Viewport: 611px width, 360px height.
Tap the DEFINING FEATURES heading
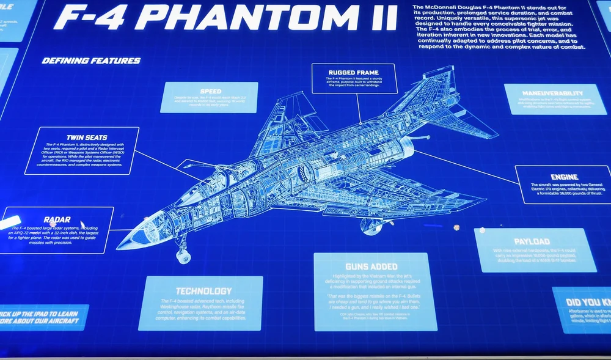[91, 61]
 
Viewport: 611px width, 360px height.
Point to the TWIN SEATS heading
[82, 138]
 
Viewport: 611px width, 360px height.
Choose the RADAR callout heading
[57, 219]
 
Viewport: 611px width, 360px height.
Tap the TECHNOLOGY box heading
[203, 291]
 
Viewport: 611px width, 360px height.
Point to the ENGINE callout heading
[563, 177]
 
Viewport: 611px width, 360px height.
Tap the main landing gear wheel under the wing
[371, 228]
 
